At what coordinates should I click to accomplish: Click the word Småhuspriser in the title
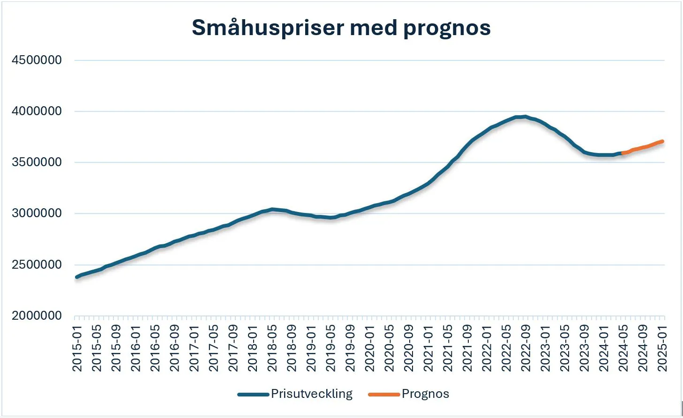pyautogui.click(x=268, y=28)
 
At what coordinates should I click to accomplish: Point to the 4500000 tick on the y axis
pyautogui.click(x=37, y=60)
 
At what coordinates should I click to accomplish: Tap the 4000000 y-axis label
pyautogui.click(x=37, y=111)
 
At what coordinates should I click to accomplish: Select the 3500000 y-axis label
pyautogui.click(x=37, y=162)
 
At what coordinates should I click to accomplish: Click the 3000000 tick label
pyautogui.click(x=37, y=213)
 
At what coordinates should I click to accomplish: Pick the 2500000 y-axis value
pyautogui.click(x=37, y=265)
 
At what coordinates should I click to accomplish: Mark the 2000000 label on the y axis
pyautogui.click(x=37, y=316)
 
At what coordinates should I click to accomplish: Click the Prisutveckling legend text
pyautogui.click(x=312, y=394)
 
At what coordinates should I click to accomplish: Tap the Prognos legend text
pyautogui.click(x=425, y=394)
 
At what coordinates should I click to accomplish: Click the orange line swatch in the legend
pyautogui.click(x=384, y=395)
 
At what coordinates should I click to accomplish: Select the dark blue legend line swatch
pyautogui.click(x=253, y=395)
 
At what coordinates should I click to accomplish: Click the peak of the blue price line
pyautogui.click(x=525, y=117)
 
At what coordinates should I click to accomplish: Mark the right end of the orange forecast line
pyautogui.click(x=662, y=141)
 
